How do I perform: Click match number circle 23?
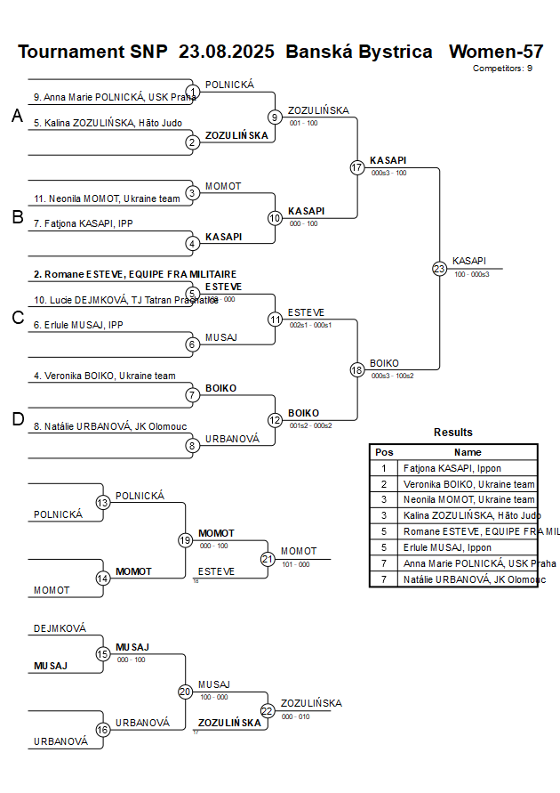tap(439, 268)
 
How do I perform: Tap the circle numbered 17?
tap(357, 167)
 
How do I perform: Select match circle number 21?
tap(268, 559)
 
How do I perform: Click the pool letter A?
tap(17, 116)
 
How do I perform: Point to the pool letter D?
tap(17, 420)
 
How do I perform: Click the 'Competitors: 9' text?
tap(502, 68)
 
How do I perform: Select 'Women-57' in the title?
tap(496, 51)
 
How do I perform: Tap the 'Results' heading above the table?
tap(453, 433)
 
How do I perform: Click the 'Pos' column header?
tap(384, 452)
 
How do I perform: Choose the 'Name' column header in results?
tap(468, 452)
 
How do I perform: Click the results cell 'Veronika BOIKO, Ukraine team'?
tap(468, 484)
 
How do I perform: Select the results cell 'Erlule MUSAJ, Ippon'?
tap(446, 548)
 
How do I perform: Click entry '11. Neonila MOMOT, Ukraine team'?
tap(107, 198)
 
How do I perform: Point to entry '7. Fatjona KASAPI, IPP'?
tap(83, 223)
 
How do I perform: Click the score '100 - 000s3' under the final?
tap(471, 274)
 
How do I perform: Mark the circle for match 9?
tap(275, 117)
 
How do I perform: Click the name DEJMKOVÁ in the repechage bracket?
tap(60, 628)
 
